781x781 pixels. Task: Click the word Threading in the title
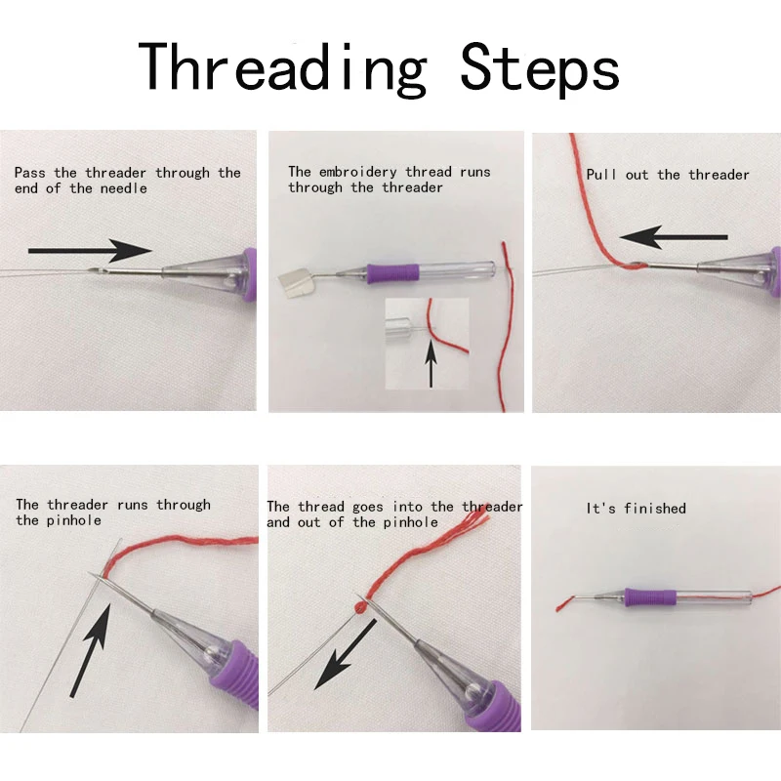(x=282, y=68)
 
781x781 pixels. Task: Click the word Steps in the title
(x=540, y=68)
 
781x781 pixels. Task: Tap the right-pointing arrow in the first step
(x=90, y=251)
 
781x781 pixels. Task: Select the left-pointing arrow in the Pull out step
(x=674, y=237)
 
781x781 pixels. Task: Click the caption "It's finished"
(x=637, y=508)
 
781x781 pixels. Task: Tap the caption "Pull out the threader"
(x=668, y=175)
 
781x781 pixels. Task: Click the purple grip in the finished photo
(x=650, y=596)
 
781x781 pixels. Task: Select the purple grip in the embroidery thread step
(x=393, y=273)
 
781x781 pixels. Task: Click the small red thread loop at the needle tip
(x=360, y=606)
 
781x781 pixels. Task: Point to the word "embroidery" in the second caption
(x=357, y=173)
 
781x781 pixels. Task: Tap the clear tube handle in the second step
(x=457, y=271)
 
